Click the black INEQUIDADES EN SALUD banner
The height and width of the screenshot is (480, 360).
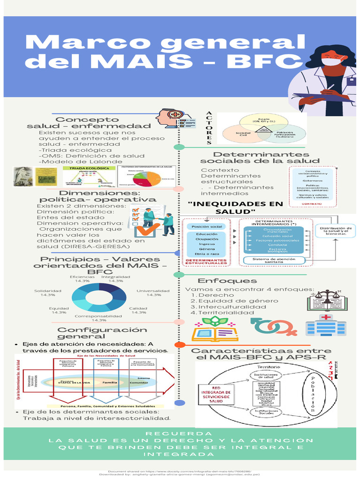tap(235, 208)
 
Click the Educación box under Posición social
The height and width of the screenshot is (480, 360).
tap(207, 234)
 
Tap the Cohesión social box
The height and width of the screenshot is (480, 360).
tap(274, 236)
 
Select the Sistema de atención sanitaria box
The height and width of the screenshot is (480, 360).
tap(274, 260)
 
